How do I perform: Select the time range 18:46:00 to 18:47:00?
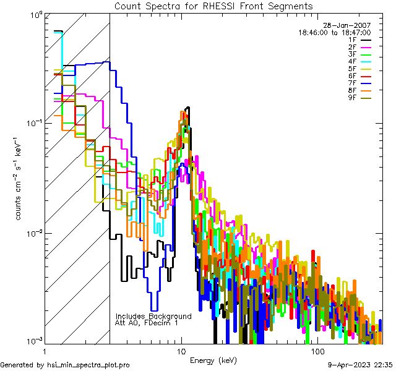pos(335,32)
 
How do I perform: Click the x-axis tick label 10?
pos(181,351)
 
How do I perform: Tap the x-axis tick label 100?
pos(317,351)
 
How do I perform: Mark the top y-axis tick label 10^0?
pos(35,14)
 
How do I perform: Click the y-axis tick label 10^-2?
pos(33,233)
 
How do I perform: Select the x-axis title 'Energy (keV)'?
pos(213,360)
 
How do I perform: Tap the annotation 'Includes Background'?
pos(153,316)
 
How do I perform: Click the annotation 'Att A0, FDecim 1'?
pos(147,323)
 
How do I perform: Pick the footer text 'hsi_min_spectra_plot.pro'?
pos(88,365)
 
